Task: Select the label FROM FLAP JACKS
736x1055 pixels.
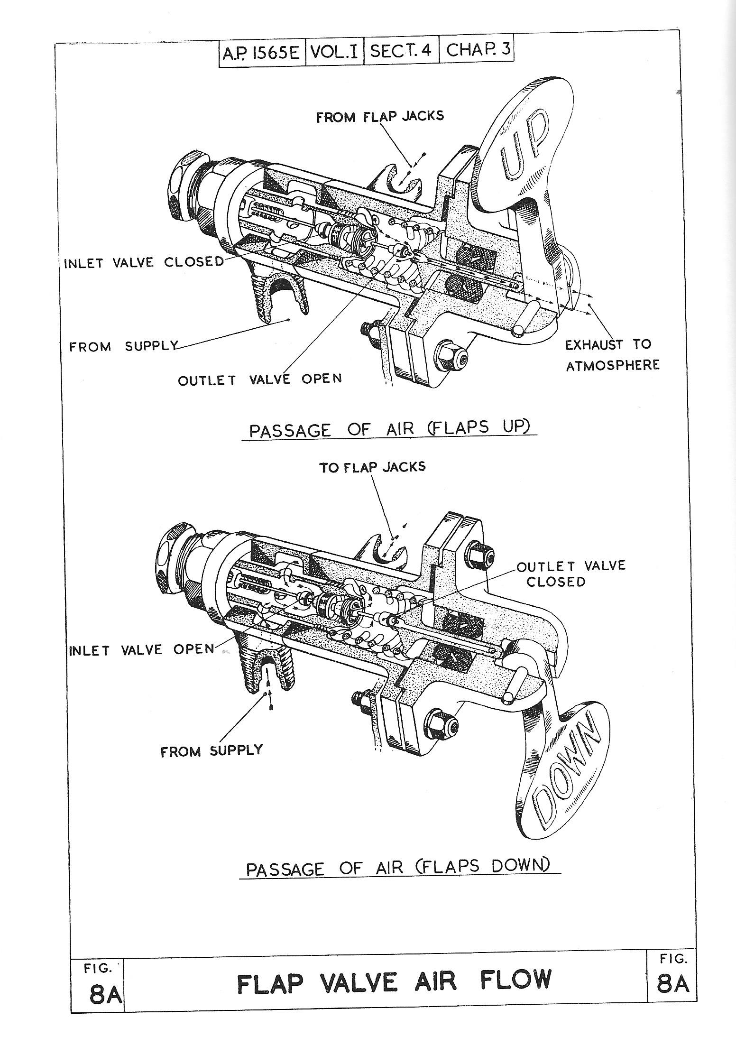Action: pos(380,116)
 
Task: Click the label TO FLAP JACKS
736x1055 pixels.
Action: pos(372,467)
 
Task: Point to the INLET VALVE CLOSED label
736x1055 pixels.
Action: pos(144,262)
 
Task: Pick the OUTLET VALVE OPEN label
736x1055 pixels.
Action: pos(259,379)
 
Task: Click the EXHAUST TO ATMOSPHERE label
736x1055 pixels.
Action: pos(612,354)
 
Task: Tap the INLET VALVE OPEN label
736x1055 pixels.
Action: pos(142,649)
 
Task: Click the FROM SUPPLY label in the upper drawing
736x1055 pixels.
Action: pos(124,346)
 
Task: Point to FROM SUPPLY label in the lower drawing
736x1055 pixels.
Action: pos(212,750)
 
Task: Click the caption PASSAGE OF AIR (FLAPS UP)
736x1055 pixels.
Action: pos(389,429)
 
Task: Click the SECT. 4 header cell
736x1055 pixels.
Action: pos(401,51)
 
